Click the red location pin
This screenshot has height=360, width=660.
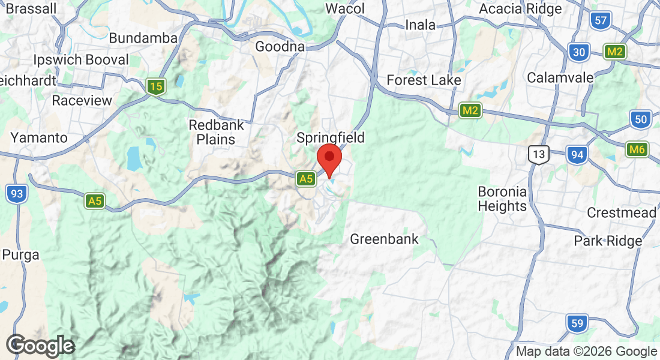click(329, 158)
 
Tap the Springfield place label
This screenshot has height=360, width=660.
click(331, 138)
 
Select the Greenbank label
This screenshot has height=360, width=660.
click(384, 239)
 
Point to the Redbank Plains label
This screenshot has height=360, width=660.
click(212, 133)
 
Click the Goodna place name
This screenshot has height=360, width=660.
click(280, 47)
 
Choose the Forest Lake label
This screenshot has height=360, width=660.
click(424, 80)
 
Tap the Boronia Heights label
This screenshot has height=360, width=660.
click(502, 199)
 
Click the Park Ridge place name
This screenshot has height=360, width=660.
click(608, 241)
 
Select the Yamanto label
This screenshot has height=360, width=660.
click(39, 137)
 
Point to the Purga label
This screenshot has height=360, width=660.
click(20, 254)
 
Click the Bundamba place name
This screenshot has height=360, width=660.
click(143, 38)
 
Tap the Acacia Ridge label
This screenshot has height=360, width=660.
click(520, 9)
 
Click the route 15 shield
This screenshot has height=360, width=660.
click(156, 87)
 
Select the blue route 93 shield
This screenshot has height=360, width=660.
click(17, 194)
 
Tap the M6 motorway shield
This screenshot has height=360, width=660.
click(636, 149)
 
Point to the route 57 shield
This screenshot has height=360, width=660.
click(600, 21)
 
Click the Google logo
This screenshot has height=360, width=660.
click(40, 346)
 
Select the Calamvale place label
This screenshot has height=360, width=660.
click(560, 78)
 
